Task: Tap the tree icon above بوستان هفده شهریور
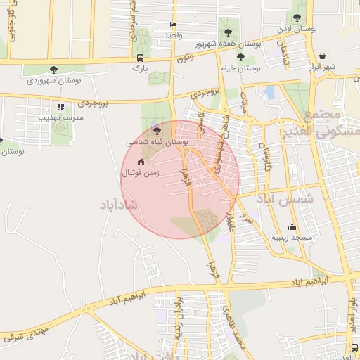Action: click(226, 32)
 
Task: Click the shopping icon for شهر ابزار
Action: click(321, 56)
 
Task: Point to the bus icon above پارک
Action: click(141, 58)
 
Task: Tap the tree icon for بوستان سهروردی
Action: click(54, 69)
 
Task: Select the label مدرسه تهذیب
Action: click(60, 118)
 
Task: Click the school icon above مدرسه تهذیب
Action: click(60, 107)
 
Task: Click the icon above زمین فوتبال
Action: click(141, 161)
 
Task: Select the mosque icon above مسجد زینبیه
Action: click(292, 226)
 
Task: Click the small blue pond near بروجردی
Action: click(269, 92)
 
